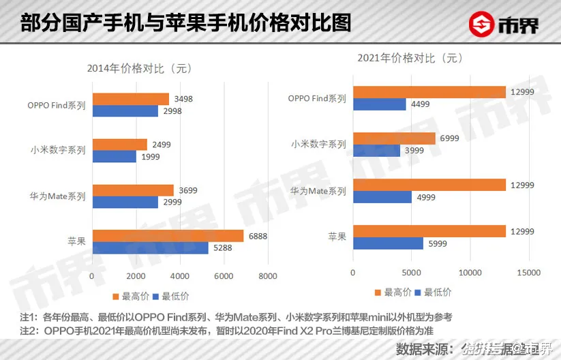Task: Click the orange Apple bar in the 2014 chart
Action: [x=168, y=236]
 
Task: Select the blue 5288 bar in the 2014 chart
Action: [x=150, y=248]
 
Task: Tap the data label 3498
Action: [x=183, y=99]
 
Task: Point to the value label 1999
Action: [x=150, y=157]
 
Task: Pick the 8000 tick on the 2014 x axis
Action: [x=267, y=276]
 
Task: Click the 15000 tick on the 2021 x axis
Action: [x=529, y=273]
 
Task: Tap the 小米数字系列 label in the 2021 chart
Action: [x=318, y=145]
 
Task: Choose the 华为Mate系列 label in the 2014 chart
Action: [x=58, y=196]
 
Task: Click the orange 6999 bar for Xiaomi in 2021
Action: [x=393, y=138]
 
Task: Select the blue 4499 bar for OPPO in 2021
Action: [x=379, y=104]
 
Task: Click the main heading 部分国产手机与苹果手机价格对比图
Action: [x=185, y=24]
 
